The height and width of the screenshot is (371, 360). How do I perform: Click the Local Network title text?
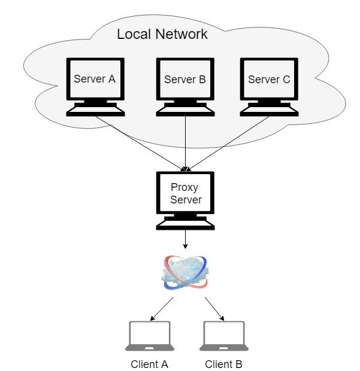162,34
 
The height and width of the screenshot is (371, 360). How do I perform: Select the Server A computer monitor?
95,79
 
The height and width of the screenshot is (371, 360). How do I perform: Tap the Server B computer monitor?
185,79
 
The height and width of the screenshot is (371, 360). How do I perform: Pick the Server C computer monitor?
268,79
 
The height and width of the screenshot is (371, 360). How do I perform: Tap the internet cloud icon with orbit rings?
185,273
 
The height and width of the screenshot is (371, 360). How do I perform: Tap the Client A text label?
150,363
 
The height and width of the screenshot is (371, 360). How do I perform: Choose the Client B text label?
224,363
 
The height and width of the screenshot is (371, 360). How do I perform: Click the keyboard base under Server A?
95,111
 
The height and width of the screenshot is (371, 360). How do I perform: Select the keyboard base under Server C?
268,111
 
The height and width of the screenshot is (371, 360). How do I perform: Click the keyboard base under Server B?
185,111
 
